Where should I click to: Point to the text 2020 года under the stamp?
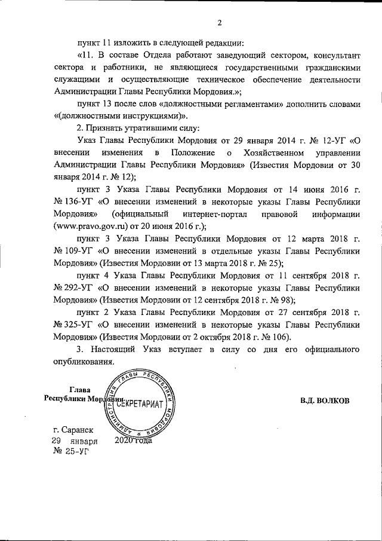point(133,441)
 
